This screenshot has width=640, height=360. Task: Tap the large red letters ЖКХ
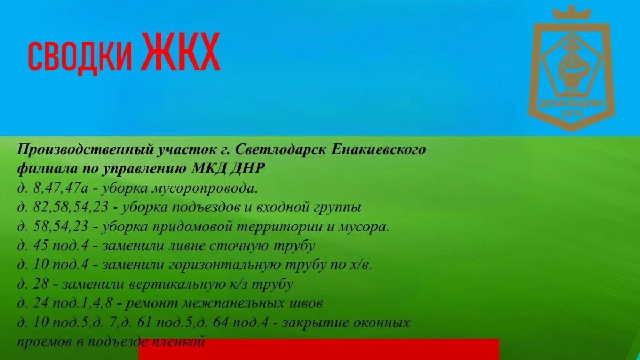(181, 51)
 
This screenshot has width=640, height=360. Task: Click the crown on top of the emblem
(571, 13)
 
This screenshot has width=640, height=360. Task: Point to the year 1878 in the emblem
(571, 114)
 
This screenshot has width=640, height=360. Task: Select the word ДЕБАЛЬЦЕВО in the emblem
(572, 103)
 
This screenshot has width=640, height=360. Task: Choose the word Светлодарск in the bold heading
(281, 149)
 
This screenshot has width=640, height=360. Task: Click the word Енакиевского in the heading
(378, 149)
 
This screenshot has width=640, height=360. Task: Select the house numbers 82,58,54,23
(70, 207)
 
